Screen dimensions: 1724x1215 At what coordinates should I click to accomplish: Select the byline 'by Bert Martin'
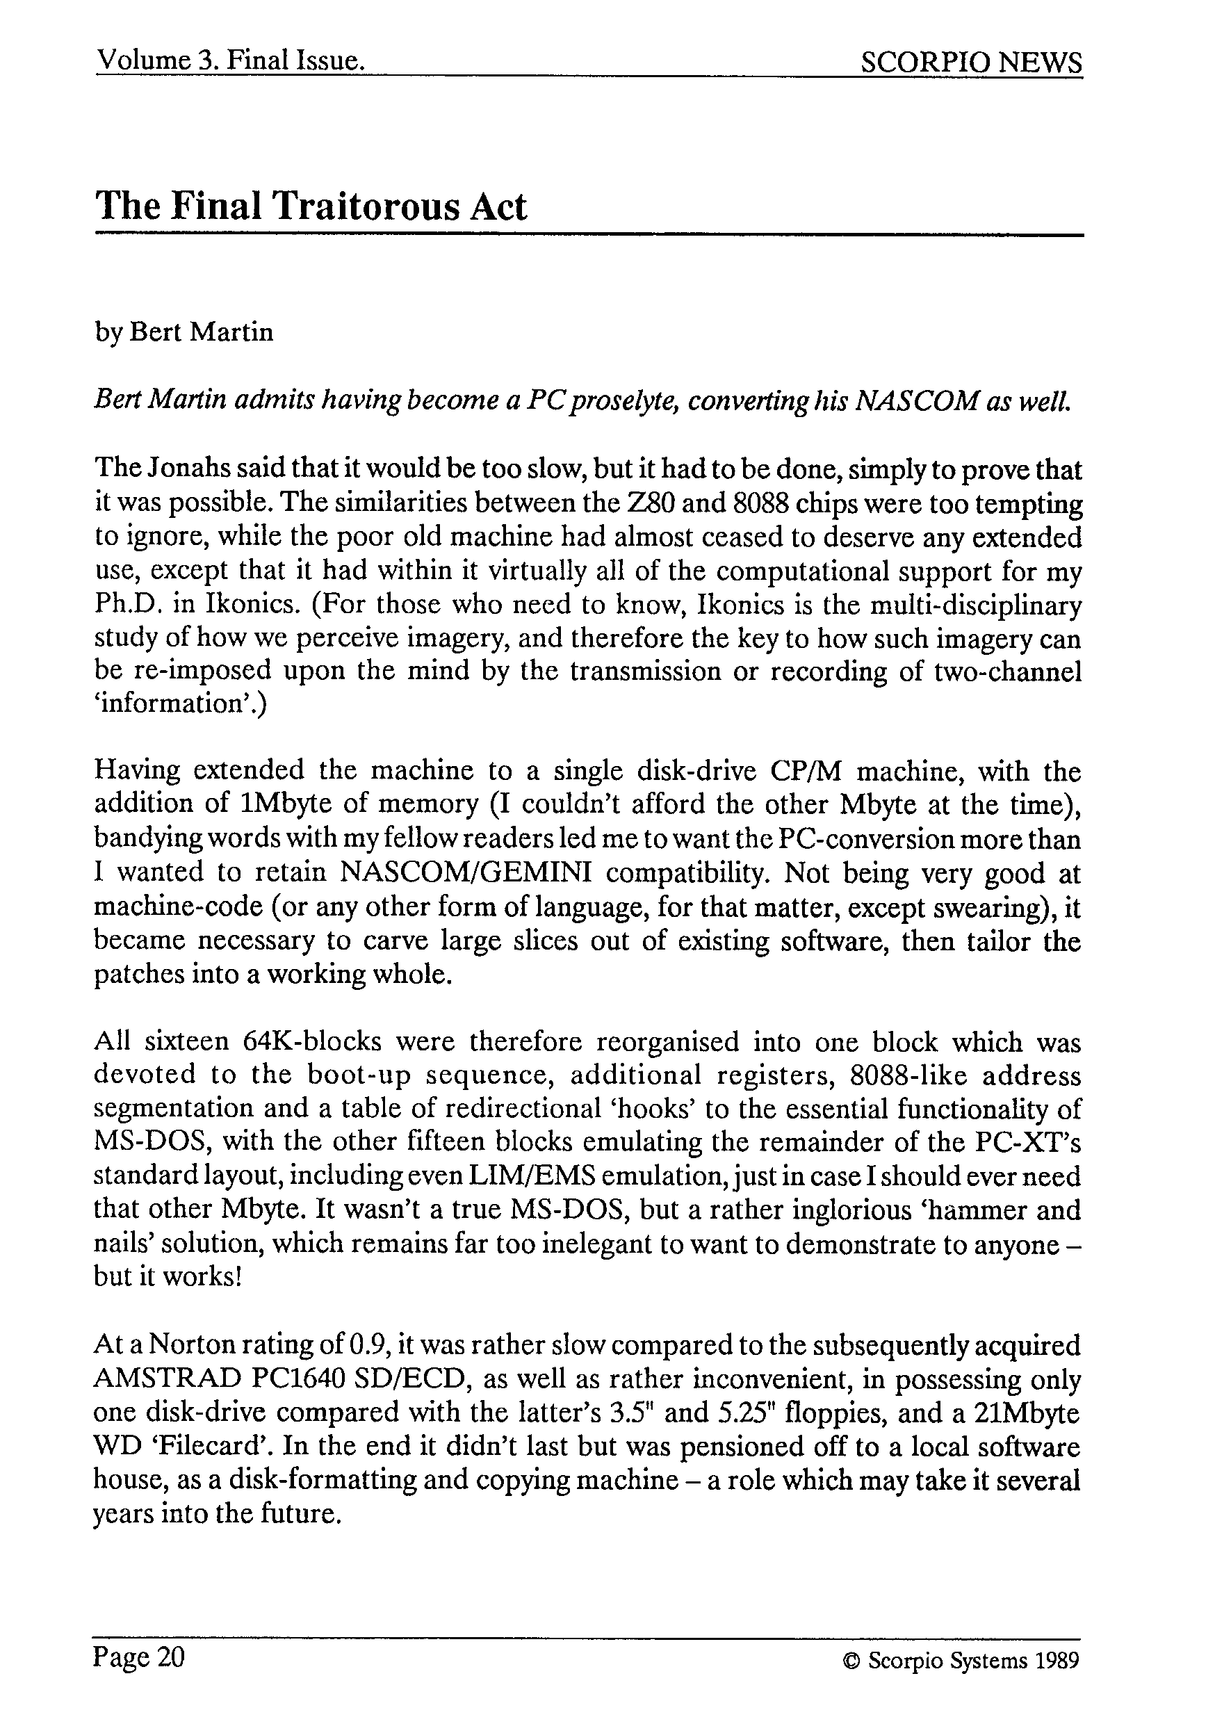pyautogui.click(x=184, y=332)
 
